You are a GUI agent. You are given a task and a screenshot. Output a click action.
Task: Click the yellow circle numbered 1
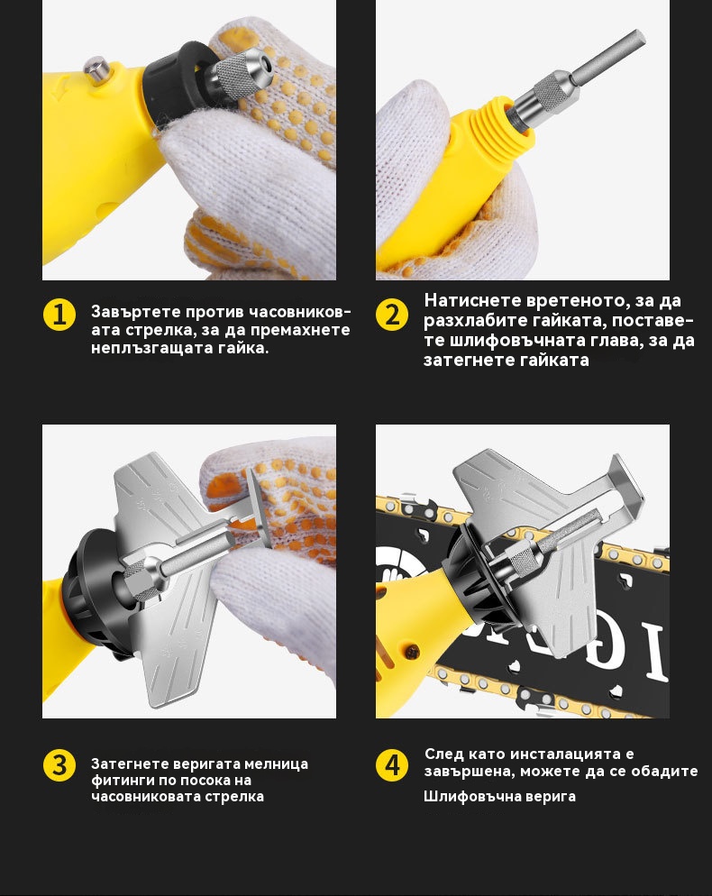tap(59, 315)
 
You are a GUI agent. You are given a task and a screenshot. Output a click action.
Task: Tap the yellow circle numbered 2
tap(392, 315)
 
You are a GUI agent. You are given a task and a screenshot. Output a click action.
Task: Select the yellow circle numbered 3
tap(59, 765)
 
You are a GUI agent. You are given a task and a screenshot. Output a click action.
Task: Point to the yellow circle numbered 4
tap(392, 765)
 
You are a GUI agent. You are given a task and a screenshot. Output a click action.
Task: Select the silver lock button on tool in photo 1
tap(97, 69)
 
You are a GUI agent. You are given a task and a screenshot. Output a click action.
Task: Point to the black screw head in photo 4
tap(412, 651)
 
